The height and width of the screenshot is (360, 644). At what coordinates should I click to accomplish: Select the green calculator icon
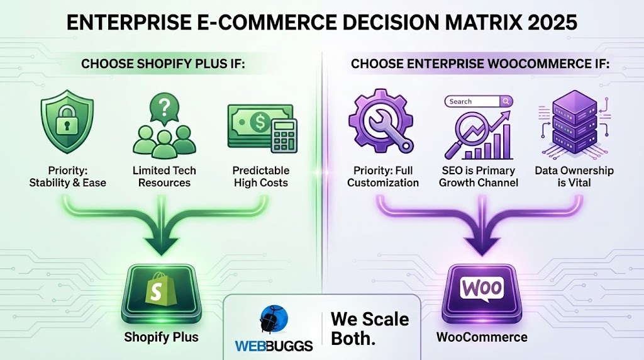tap(275, 134)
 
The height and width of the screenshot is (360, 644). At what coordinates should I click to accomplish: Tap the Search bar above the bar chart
tap(478, 101)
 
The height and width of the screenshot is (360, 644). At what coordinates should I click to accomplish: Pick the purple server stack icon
tap(573, 123)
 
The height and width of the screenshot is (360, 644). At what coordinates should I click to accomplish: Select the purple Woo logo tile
tap(481, 290)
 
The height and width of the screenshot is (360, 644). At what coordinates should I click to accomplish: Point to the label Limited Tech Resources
tap(164, 177)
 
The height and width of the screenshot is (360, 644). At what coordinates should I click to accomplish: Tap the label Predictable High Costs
tap(260, 177)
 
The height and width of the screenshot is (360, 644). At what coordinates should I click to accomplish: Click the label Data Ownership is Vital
tap(574, 177)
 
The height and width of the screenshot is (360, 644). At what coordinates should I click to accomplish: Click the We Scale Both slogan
tap(370, 329)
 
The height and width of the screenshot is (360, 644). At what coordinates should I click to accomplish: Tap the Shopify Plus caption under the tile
tap(161, 337)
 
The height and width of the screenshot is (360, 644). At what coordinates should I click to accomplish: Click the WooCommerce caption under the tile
tap(482, 337)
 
